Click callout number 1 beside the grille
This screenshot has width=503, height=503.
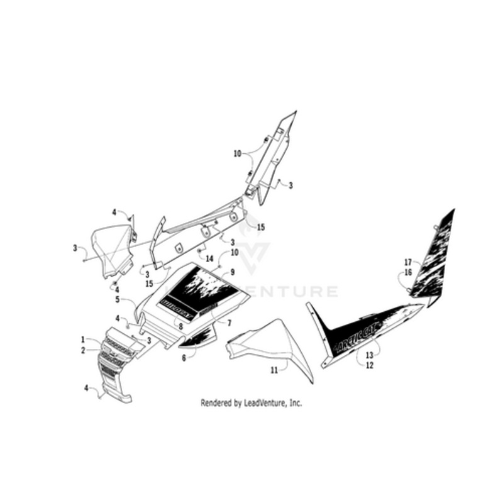tap(82, 340)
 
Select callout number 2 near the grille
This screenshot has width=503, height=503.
tap(82, 350)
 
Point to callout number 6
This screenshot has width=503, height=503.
tap(184, 357)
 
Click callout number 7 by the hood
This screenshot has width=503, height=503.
tap(229, 323)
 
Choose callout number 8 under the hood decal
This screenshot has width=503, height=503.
tap(181, 326)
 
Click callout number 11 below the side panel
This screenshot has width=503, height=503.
tap(274, 371)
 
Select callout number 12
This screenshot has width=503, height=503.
tap(369, 365)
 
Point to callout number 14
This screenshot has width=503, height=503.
tap(210, 258)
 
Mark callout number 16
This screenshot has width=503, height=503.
tap(408, 272)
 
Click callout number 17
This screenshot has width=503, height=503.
tap(408, 262)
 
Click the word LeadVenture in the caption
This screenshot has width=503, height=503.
tap(258, 403)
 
